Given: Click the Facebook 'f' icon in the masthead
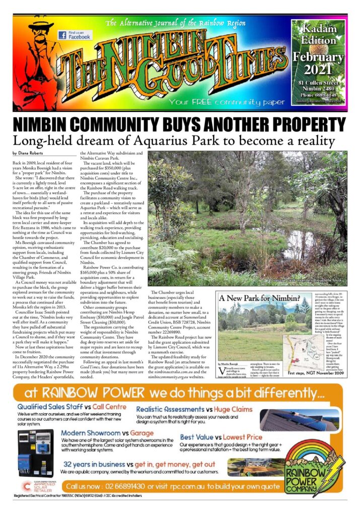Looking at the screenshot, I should point(62,35).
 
